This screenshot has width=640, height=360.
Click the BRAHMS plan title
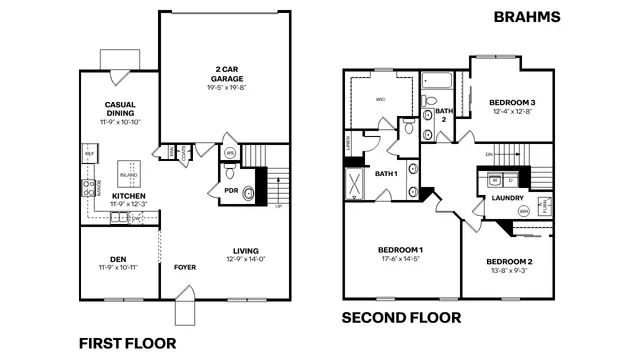pos(526,17)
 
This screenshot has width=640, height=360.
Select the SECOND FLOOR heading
pos(402,318)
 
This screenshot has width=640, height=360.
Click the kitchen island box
pos(128,171)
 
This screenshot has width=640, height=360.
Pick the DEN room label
pos(118,260)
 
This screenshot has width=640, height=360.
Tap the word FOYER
pos(185,267)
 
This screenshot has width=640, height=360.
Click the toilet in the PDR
pos(249,193)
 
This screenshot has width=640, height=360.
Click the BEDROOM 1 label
pos(400,249)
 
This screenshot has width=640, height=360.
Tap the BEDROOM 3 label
pos(512,102)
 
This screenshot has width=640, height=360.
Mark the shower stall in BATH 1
pos(356,185)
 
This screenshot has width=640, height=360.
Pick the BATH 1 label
pos(387,174)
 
